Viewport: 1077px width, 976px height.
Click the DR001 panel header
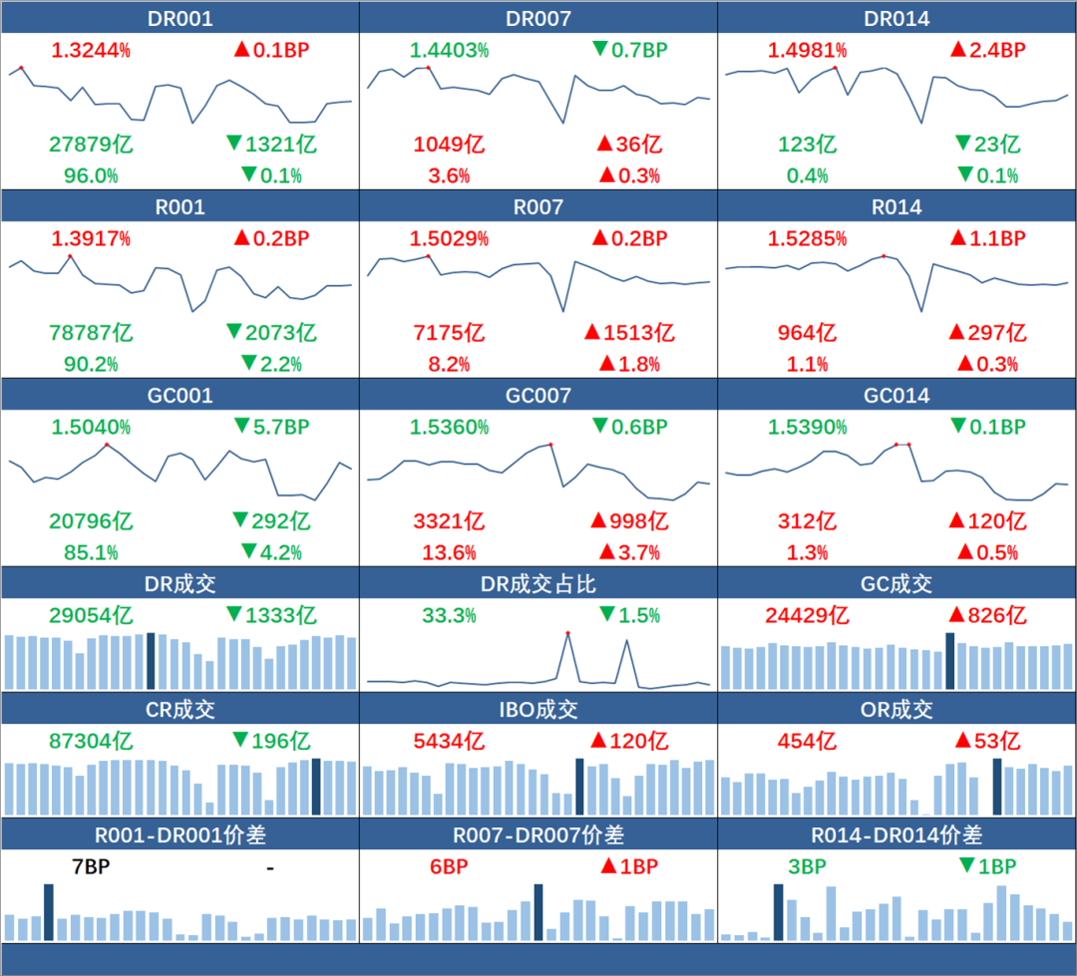[179, 19]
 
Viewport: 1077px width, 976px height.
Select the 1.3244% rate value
[91, 50]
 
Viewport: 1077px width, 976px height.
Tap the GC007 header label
[538, 396]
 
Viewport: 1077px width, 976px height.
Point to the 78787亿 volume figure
[91, 332]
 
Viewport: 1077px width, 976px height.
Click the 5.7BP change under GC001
[271, 427]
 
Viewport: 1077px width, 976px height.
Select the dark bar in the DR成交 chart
[151, 660]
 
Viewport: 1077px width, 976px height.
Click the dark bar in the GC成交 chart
[950, 660]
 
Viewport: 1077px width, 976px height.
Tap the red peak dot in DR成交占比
[567, 633]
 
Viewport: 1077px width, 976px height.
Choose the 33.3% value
[449, 615]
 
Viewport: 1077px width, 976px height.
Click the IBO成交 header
[538, 710]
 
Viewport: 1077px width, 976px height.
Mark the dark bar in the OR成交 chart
[997, 787]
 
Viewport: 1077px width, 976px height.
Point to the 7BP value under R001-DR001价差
[91, 866]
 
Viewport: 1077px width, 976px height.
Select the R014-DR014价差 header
[897, 834]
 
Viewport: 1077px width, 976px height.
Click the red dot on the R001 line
[70, 256]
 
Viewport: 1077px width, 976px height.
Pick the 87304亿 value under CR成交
[91, 741]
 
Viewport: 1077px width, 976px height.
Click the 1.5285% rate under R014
[808, 238]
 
